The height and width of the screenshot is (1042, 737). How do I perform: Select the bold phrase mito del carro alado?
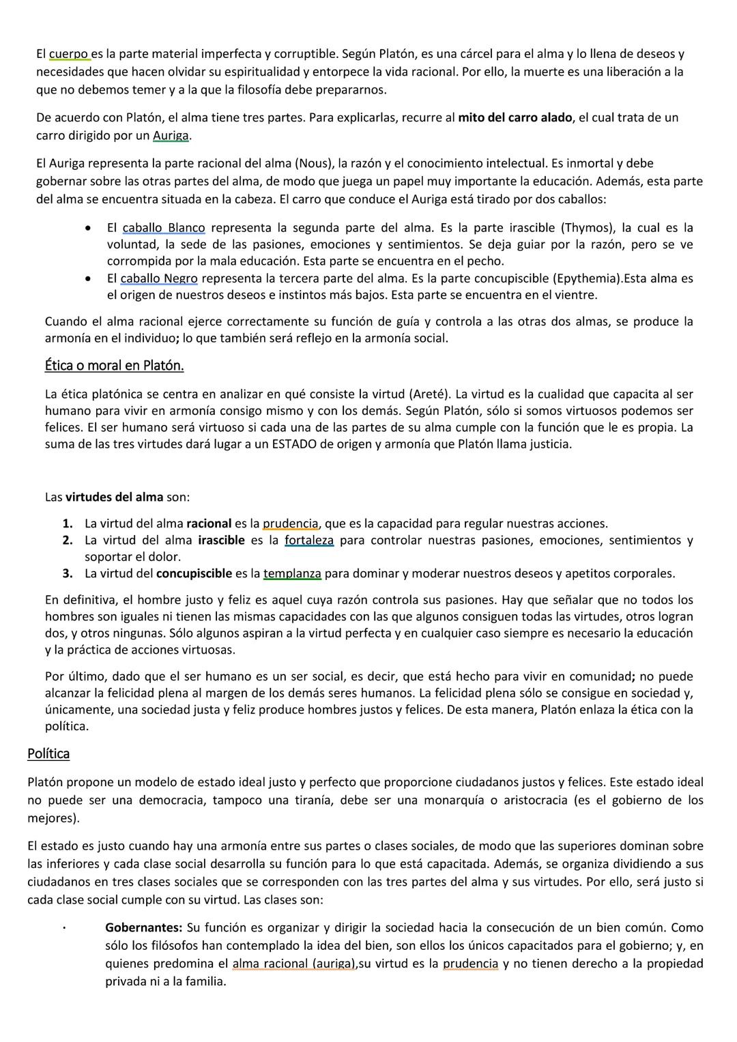coord(515,117)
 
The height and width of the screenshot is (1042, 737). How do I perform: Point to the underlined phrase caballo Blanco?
coord(164,228)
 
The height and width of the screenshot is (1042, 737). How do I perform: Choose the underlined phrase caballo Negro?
coord(159,278)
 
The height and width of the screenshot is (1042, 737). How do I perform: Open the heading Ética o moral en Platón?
coord(114,366)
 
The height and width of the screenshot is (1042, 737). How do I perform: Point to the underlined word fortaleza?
coord(309,540)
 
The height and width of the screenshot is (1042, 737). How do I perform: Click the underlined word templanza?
coord(292,573)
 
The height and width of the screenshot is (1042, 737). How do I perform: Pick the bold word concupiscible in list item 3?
coord(194,573)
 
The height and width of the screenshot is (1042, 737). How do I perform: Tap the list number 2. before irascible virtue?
coord(68,540)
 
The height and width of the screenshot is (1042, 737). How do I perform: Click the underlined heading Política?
coord(48,754)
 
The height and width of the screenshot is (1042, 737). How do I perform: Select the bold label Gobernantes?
coord(144,928)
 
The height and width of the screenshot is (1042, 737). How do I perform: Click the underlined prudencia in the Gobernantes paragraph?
coord(470,964)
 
